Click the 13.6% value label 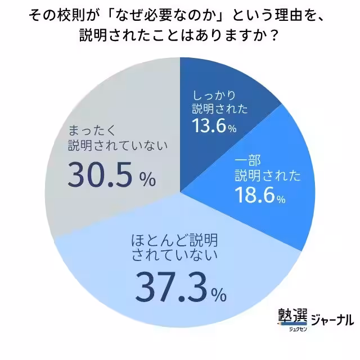213,127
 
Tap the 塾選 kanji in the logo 292,316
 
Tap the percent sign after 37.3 218,294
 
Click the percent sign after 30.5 147,180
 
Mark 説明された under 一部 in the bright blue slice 267,175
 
